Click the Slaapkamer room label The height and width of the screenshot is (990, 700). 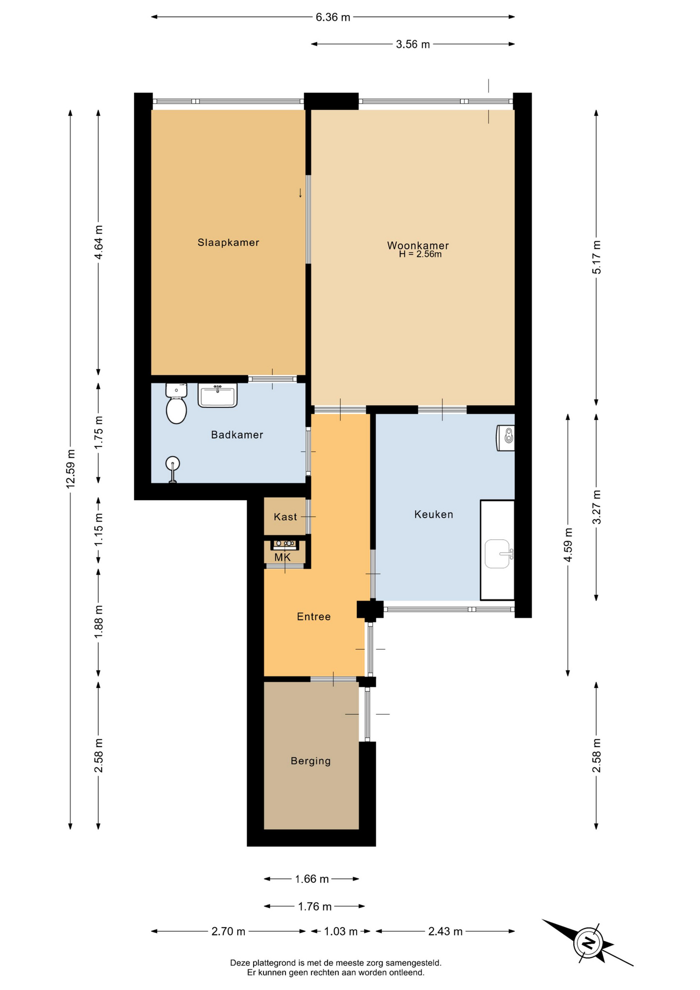(x=228, y=242)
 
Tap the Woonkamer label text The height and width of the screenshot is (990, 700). (x=418, y=245)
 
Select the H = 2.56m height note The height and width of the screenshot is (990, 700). (x=420, y=254)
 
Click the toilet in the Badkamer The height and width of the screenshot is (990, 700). (x=176, y=403)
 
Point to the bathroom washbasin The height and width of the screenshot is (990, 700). (x=218, y=395)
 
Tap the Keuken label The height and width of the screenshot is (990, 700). (x=434, y=514)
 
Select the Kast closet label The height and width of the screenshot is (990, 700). (x=286, y=517)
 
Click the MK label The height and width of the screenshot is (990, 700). (x=282, y=557)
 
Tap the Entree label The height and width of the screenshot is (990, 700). (x=314, y=616)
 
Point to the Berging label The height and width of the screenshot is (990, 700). (x=311, y=761)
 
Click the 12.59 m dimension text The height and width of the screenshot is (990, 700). (x=71, y=469)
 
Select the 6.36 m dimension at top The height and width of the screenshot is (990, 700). (x=333, y=17)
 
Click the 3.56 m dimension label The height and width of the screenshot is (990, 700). (x=413, y=44)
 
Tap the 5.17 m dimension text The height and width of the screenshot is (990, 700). (x=596, y=257)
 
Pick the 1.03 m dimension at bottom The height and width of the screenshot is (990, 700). (x=341, y=931)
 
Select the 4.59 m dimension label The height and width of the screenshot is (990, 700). (x=568, y=545)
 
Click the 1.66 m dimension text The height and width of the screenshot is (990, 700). (x=312, y=879)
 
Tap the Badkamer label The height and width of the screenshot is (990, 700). (x=237, y=435)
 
